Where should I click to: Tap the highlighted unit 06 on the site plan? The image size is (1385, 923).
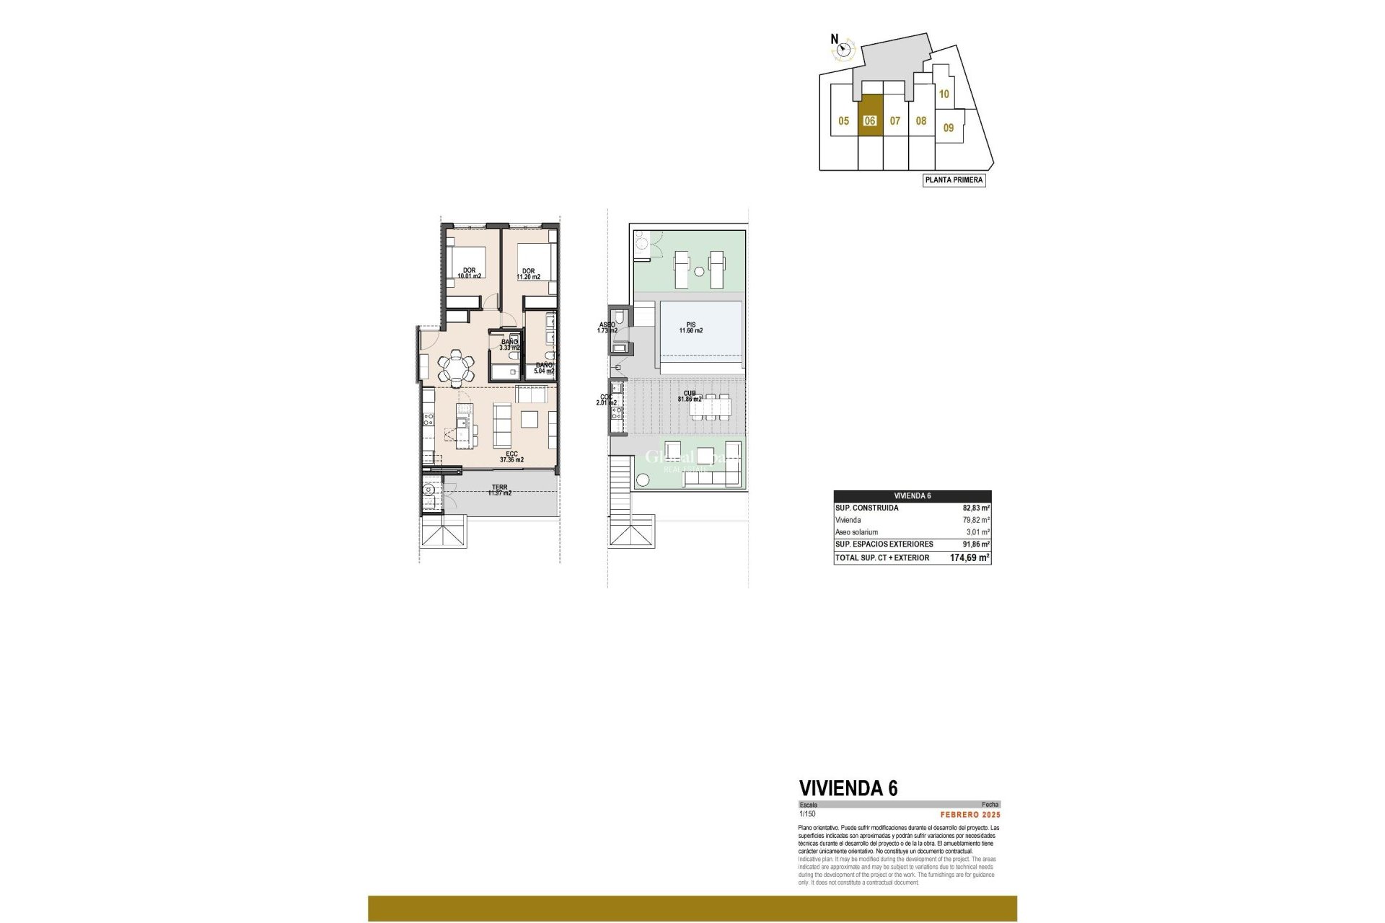click(x=870, y=120)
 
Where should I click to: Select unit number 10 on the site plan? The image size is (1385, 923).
click(x=944, y=94)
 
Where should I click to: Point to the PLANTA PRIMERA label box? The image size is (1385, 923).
click(x=954, y=180)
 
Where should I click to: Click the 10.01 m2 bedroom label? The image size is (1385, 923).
click(x=469, y=273)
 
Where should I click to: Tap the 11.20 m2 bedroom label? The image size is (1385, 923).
click(x=529, y=274)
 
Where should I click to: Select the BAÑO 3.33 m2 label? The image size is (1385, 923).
click(x=509, y=345)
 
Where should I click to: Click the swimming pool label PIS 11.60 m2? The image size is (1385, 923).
click(x=690, y=327)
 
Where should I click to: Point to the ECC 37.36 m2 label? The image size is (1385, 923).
click(x=511, y=456)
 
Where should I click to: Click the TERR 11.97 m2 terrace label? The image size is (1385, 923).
click(x=499, y=490)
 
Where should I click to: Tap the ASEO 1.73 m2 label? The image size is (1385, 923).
click(x=607, y=327)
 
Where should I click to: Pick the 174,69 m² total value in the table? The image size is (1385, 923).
click(x=969, y=557)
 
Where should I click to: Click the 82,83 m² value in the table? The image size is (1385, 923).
click(x=975, y=508)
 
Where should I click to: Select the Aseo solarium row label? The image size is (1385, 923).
click(x=856, y=532)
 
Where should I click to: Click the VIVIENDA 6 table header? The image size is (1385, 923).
click(x=912, y=496)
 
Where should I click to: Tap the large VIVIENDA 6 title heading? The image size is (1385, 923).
click(x=848, y=788)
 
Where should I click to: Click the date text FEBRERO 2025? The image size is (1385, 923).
click(x=970, y=815)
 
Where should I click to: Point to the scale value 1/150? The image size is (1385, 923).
click(x=806, y=814)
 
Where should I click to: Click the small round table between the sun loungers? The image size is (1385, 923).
click(x=698, y=271)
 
